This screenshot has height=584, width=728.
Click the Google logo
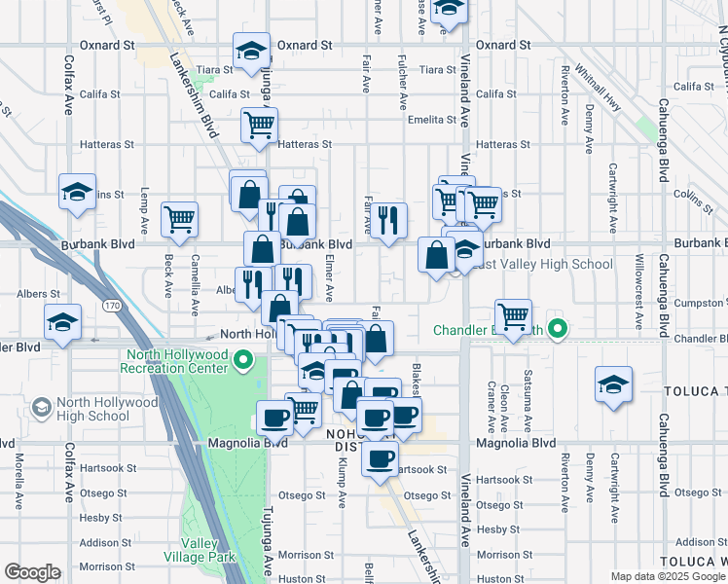pyautogui.click(x=32, y=572)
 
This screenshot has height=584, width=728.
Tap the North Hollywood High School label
pyautogui.click(x=92, y=409)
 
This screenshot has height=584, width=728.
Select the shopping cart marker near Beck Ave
pyautogui.click(x=180, y=220)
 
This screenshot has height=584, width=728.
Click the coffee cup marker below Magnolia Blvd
pyautogui.click(x=380, y=458)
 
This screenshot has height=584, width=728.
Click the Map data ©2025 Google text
pyautogui.click(x=667, y=576)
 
